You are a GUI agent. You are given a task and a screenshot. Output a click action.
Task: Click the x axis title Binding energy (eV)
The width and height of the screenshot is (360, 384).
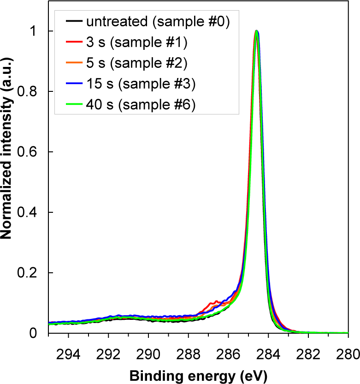198,373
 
